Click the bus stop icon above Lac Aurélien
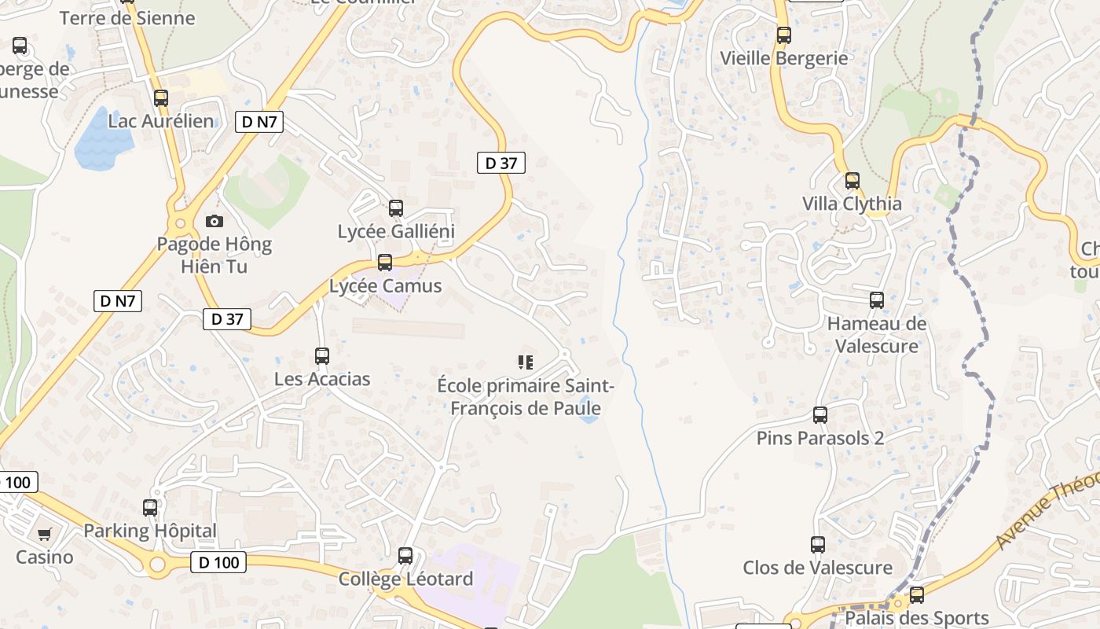[161, 98]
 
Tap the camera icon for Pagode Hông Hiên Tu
[214, 222]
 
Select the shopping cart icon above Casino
[45, 535]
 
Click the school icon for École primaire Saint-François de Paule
[525, 362]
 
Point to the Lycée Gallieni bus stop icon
[396, 208]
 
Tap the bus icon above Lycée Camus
[385, 263]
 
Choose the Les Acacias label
[322, 379]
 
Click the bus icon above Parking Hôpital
[150, 508]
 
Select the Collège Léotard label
[405, 579]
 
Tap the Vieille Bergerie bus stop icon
[783, 35]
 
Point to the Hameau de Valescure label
[877, 335]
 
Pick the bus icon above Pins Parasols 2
[820, 415]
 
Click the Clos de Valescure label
[818, 568]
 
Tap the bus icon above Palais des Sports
[916, 595]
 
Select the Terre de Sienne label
[127, 18]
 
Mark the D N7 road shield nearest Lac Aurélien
[259, 122]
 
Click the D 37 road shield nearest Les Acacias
[227, 318]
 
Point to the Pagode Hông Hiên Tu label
[214, 255]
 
